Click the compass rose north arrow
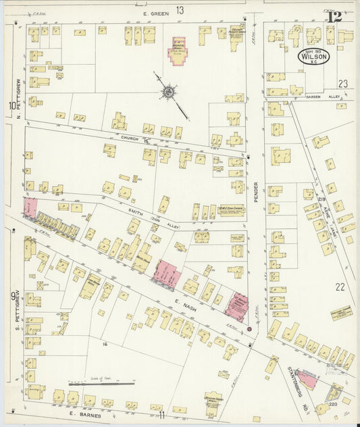coord(168,91)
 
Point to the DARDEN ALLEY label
coord(318,97)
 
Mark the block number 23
coord(342,84)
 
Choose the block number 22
coord(340,286)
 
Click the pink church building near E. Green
coord(179,51)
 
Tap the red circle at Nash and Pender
coord(249,329)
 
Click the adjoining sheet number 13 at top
coord(180,9)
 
